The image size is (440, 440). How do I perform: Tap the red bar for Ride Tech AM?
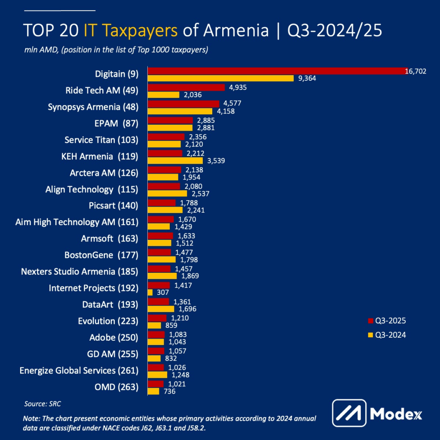tap(186, 88)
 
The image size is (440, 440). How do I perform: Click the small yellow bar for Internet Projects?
tap(150, 292)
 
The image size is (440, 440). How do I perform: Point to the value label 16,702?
tap(416, 71)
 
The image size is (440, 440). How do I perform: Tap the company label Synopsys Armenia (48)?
tap(93, 107)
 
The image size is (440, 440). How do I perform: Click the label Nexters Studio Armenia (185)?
tap(79, 272)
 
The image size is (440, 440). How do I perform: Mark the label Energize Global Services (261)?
tap(79, 370)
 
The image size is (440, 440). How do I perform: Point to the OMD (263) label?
tap(116, 387)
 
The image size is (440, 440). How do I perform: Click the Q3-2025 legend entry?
tap(386, 321)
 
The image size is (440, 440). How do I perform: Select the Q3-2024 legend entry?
tap(386, 335)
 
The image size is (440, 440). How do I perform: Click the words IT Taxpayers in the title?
tap(131, 31)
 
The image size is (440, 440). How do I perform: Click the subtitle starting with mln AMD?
tap(116, 49)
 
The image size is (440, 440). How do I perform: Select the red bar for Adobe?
tap(156, 334)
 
